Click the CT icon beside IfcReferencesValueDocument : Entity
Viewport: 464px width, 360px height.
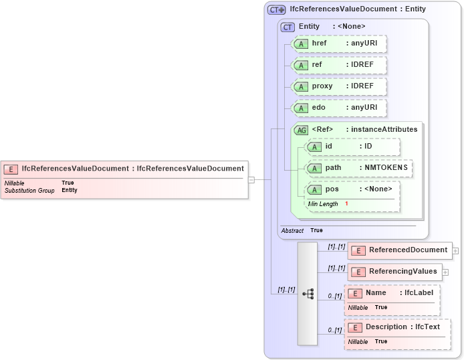point(276,9)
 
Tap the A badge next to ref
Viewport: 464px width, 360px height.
point(301,65)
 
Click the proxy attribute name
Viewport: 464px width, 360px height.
point(322,86)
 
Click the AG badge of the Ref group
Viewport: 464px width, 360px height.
point(301,130)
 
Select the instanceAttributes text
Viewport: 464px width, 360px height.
point(384,129)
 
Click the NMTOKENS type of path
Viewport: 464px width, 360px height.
point(385,167)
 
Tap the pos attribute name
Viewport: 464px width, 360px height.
point(332,189)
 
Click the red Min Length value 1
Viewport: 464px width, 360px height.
point(346,203)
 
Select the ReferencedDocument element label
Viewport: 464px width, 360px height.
point(408,250)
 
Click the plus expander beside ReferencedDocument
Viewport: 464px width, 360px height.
point(455,251)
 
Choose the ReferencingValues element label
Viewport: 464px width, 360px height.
point(403,272)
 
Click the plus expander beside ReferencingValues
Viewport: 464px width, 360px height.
point(445,272)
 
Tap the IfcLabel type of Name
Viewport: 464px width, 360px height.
point(419,293)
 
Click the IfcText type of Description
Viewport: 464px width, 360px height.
point(427,327)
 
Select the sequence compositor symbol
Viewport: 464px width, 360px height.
point(308,294)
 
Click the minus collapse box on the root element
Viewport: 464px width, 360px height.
point(251,179)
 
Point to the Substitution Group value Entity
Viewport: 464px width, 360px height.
point(70,190)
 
